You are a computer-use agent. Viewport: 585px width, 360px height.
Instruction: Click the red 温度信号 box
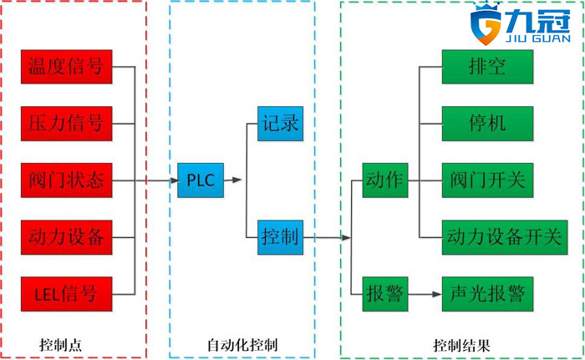tap(67, 68)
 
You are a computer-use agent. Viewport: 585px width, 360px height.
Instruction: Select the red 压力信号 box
tap(67, 124)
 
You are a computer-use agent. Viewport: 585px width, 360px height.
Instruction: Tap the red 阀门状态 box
tap(67, 180)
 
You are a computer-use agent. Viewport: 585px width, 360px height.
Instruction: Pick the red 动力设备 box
tap(67, 237)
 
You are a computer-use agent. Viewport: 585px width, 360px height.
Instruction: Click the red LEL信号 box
tap(67, 293)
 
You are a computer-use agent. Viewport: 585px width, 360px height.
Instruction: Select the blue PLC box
tap(201, 180)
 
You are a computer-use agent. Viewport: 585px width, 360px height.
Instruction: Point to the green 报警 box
tap(384, 294)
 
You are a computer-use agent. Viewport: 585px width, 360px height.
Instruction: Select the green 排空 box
tap(487, 68)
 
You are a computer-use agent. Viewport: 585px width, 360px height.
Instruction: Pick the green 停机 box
tap(487, 124)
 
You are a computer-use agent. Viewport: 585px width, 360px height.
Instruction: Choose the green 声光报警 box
tap(487, 294)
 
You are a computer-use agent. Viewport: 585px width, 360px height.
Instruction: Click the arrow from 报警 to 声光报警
tap(424, 294)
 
